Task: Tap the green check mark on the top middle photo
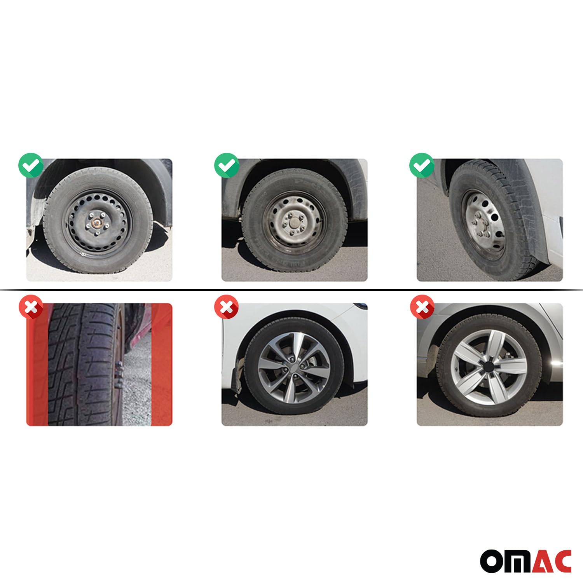click(x=227, y=166)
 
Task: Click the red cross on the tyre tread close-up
click(x=31, y=309)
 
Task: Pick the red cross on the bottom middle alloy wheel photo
click(x=227, y=309)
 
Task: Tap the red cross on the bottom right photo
click(x=422, y=309)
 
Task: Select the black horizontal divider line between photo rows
click(x=291, y=290)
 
